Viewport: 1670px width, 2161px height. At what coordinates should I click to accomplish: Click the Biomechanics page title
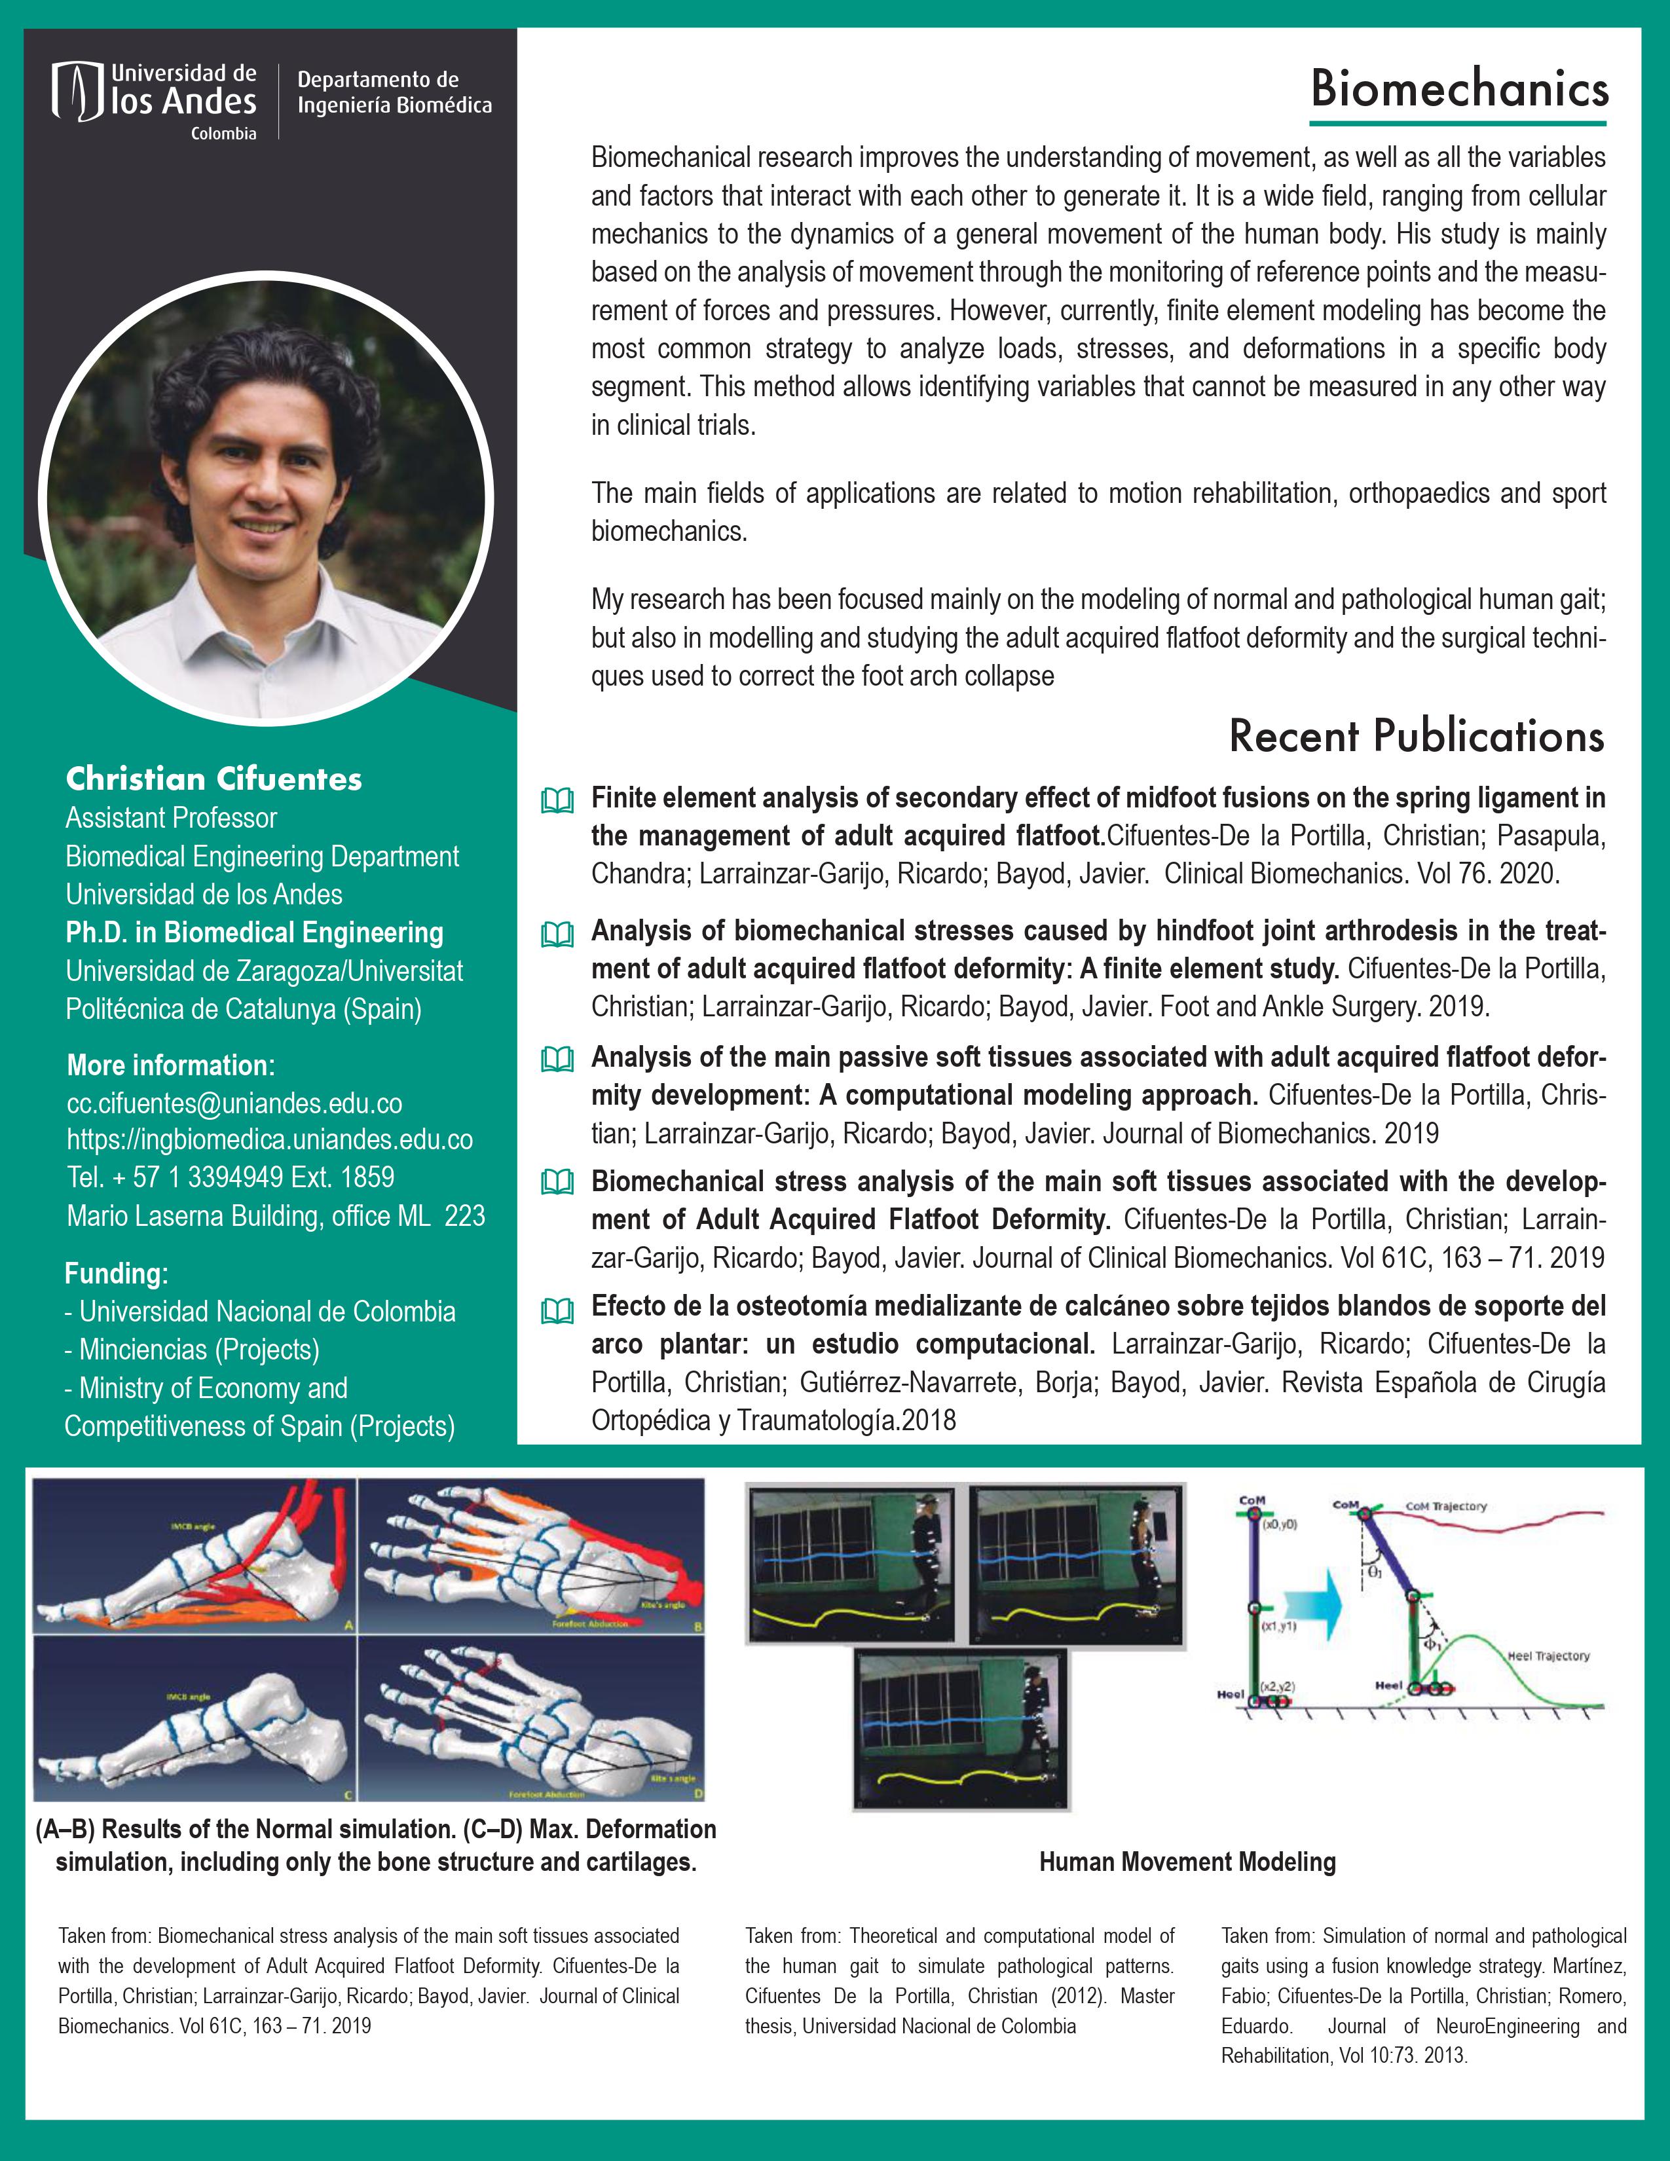1459,89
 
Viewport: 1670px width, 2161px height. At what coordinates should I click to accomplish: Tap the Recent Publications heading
1416,736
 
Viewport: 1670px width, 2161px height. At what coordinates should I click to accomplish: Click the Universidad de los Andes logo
155,101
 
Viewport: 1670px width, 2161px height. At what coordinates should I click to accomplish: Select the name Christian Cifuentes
213,780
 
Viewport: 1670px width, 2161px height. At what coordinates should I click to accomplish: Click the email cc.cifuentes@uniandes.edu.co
234,1103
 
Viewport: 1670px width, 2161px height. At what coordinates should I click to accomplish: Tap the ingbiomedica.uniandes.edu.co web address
269,1140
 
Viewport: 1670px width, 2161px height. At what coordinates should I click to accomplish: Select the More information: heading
170,1065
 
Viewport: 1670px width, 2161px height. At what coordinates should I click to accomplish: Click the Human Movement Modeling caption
1187,1862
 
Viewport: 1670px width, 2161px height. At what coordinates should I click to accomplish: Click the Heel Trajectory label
1548,1655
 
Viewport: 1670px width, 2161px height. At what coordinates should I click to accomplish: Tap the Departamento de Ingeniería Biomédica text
394,92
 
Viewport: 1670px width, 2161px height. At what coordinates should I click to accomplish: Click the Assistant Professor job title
171,819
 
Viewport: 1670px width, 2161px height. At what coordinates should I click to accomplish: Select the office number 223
465,1216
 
